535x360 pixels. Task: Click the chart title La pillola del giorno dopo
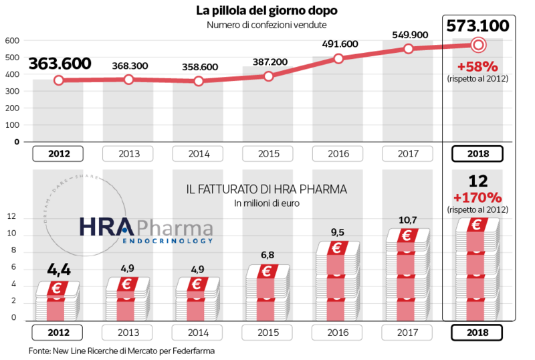[x=266, y=10]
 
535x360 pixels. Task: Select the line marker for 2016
[x=338, y=58]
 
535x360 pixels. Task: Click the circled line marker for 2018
[x=477, y=45]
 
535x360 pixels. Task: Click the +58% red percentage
[x=477, y=67]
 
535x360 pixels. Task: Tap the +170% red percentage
[x=477, y=197]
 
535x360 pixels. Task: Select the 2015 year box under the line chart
[x=268, y=153]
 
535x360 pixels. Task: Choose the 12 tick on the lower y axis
[x=11, y=217]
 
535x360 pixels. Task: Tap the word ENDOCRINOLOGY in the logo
[x=167, y=240]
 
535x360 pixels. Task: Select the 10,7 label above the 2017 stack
[x=408, y=219]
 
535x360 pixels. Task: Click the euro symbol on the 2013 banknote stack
[x=128, y=284]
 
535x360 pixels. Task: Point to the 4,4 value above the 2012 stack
[x=59, y=270]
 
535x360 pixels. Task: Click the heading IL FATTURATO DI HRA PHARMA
[x=267, y=189]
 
